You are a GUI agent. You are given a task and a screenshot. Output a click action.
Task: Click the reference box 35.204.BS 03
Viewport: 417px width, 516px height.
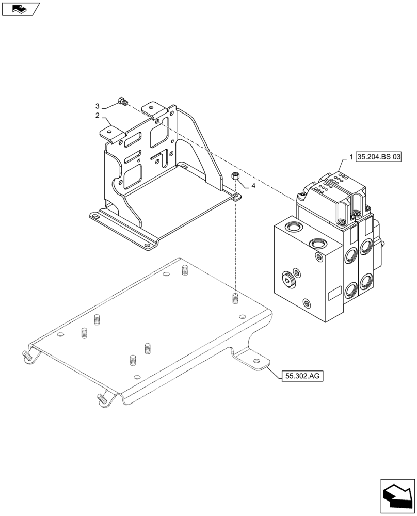[x=378, y=157]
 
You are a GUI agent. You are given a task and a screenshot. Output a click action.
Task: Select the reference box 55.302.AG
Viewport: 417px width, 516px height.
[x=302, y=376]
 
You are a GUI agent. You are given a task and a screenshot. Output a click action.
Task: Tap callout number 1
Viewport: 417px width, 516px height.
[x=351, y=157]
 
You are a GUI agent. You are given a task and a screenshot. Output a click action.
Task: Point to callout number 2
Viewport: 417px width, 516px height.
[x=97, y=116]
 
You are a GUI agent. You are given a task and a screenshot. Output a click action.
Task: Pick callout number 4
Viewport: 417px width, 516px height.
[x=253, y=185]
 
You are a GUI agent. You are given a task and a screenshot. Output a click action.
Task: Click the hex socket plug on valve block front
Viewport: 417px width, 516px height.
[x=288, y=280]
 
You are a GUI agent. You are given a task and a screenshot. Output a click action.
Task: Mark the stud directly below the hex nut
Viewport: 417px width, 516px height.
[x=235, y=299]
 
